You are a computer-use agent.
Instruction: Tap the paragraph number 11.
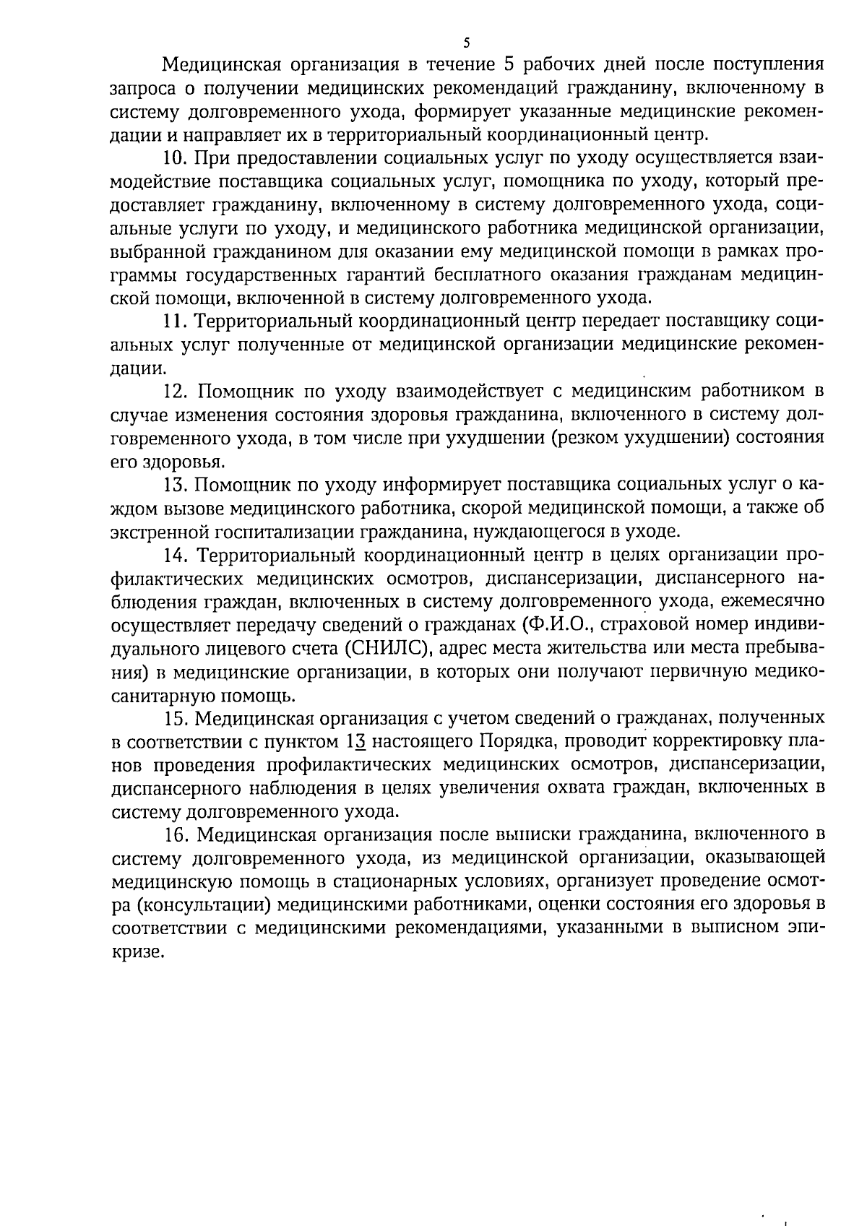point(176,321)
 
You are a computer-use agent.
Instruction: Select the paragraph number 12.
point(177,392)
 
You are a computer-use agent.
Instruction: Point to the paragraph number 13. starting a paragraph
point(177,485)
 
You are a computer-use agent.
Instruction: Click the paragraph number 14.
point(178,555)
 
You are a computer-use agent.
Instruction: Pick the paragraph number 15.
point(177,718)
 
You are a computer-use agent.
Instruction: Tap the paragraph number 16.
point(178,835)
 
